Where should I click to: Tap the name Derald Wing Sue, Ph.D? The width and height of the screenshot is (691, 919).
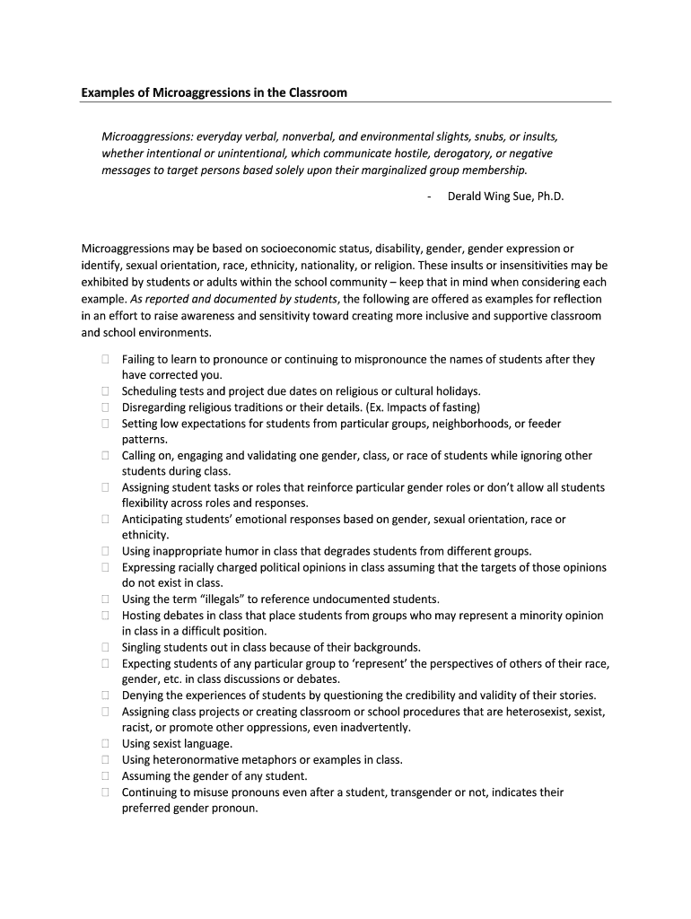point(505,196)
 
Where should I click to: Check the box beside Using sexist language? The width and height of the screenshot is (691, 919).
point(105,744)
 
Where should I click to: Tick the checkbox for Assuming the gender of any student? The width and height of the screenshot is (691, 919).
point(105,776)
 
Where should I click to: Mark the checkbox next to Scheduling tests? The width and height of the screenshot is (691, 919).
point(105,391)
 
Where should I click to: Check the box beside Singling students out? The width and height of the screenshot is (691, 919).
point(105,647)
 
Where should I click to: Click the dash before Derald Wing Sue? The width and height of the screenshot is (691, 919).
point(430,196)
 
